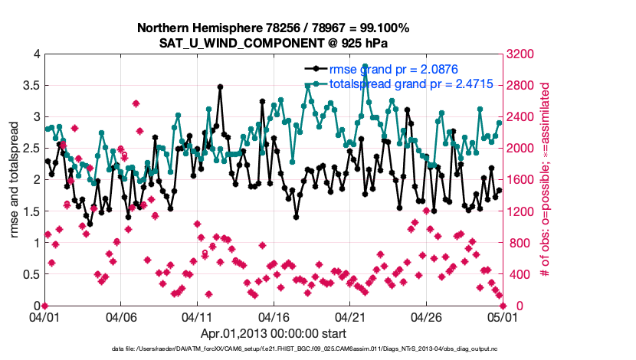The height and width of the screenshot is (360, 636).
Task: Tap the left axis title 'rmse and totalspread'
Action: (x=15, y=180)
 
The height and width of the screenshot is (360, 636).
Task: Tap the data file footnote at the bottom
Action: (x=318, y=349)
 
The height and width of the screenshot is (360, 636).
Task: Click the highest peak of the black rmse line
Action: (x=220, y=87)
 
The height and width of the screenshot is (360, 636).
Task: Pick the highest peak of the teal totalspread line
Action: (x=366, y=67)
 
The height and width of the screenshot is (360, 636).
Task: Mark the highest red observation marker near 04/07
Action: (x=136, y=103)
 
